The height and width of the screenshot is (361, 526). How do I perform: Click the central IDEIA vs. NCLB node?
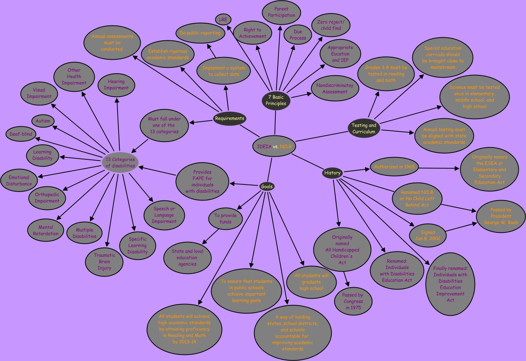274,146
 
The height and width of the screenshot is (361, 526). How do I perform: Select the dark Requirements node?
229,119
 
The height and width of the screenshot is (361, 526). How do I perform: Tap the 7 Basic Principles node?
276,100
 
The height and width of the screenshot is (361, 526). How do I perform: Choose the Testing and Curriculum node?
364,129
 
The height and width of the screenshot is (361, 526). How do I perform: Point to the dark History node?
332,173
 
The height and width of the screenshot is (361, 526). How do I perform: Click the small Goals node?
267,186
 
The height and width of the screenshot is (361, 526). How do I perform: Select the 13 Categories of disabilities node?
120,162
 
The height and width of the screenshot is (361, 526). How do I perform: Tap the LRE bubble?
223,19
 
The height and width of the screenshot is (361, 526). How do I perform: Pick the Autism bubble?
43,121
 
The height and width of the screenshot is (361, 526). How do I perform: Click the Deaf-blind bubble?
21,134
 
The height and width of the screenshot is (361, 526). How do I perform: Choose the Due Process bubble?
298,35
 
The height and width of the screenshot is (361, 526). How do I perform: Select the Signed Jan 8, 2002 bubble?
428,235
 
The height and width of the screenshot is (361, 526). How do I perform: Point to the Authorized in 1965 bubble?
394,167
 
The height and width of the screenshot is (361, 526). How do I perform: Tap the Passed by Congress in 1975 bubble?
353,301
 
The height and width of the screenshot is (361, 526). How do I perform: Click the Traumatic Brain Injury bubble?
104,262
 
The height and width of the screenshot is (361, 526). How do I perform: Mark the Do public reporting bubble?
200,33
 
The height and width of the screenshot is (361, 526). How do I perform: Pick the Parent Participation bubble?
281,12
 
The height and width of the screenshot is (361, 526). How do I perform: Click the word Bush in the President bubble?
513,223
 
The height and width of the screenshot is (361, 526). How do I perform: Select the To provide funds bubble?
226,219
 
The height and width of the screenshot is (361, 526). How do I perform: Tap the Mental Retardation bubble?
46,231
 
